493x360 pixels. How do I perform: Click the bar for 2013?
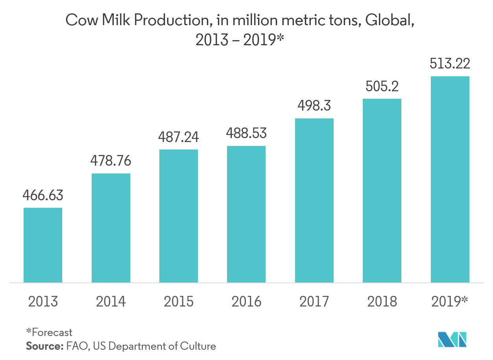coord(43,245)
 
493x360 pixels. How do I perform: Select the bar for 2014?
coord(111,228)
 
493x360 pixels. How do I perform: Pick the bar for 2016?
coord(246,214)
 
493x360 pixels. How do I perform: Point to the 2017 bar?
coord(314,200)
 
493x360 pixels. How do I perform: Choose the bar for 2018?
coord(382,190)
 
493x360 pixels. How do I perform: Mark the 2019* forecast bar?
coord(450,179)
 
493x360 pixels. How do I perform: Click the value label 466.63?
coord(43,195)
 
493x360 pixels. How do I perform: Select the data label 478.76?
coord(111,161)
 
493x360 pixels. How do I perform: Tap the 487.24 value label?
coord(179,137)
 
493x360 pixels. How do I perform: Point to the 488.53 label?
coord(246,133)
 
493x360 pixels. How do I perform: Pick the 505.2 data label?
coord(382,86)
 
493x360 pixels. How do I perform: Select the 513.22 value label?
coord(450,63)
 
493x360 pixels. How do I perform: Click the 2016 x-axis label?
coord(246,301)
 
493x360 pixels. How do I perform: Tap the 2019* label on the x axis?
coord(450,301)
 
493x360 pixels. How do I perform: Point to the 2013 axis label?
coord(43,301)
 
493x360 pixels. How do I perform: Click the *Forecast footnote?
coord(49,332)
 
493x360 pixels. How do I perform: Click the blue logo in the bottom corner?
coord(452,340)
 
